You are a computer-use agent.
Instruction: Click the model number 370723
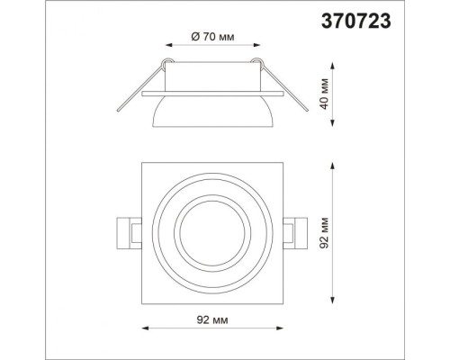356,22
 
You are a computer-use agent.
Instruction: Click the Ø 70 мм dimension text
212,37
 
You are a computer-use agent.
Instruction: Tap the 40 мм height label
324,94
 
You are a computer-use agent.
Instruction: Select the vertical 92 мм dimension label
324,233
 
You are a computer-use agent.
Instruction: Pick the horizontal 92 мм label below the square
212,319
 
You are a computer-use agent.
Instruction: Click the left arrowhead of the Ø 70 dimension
169,45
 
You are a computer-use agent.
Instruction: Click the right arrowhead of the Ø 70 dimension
256,45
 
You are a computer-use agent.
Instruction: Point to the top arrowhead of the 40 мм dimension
333,66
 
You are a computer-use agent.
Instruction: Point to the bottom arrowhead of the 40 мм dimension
333,123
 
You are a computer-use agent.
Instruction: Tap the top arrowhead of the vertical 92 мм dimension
333,166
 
